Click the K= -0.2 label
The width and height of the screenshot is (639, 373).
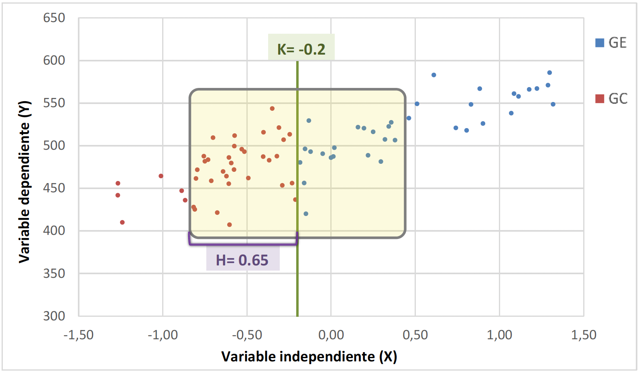click(301, 49)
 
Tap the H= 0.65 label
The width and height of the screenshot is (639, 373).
click(242, 260)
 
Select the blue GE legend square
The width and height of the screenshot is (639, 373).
click(600, 43)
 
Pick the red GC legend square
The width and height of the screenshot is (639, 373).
click(600, 98)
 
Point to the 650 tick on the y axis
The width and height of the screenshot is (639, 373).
click(54, 18)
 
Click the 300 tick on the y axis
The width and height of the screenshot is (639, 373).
click(54, 316)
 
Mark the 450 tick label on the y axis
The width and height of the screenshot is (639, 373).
click(54, 188)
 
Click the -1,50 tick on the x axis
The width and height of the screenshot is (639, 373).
click(79, 334)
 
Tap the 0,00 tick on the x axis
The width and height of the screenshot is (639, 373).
click(331, 334)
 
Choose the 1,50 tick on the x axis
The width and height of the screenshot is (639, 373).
click(584, 334)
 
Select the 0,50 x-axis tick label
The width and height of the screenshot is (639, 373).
click(415, 334)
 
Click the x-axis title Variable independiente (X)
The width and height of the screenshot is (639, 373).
click(309, 357)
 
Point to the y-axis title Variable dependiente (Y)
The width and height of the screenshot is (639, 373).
click(24, 182)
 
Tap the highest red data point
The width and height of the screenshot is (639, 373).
click(272, 108)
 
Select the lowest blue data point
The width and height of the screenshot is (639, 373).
click(306, 214)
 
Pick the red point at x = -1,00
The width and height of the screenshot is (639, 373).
click(161, 176)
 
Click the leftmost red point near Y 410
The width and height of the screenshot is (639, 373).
click(122, 222)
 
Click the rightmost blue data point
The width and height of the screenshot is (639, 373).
click(553, 104)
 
